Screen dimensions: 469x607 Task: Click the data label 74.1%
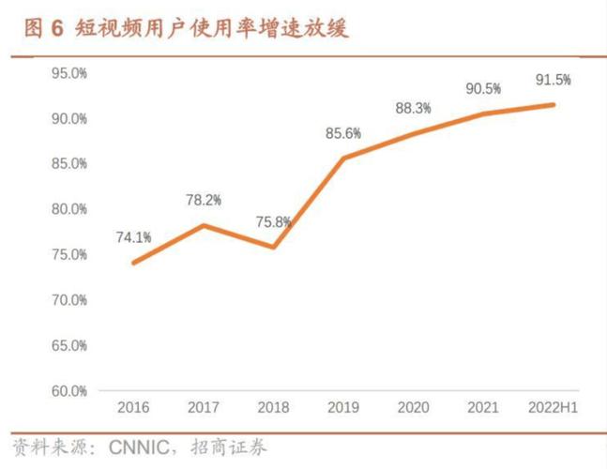(133, 238)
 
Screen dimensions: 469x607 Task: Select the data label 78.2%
(204, 200)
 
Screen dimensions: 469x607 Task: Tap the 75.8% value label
(273, 222)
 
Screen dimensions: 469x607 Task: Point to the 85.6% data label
(343, 133)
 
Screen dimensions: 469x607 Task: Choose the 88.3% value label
(413, 108)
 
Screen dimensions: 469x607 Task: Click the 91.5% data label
(554, 80)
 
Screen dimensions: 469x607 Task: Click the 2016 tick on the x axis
(133, 408)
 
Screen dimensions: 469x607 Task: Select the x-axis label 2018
(273, 408)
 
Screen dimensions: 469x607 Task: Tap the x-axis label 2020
(413, 408)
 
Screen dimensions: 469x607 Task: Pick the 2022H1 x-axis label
(554, 408)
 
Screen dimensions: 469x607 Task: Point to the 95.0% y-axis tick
(69, 73)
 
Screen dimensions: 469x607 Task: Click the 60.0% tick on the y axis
(69, 391)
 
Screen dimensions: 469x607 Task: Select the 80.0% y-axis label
(69, 209)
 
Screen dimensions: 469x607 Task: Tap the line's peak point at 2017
(204, 225)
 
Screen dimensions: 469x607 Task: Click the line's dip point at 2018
(273, 248)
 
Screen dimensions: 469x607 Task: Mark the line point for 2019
(343, 158)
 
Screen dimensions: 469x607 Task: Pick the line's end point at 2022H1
(554, 104)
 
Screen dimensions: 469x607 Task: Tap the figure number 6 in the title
(55, 29)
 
